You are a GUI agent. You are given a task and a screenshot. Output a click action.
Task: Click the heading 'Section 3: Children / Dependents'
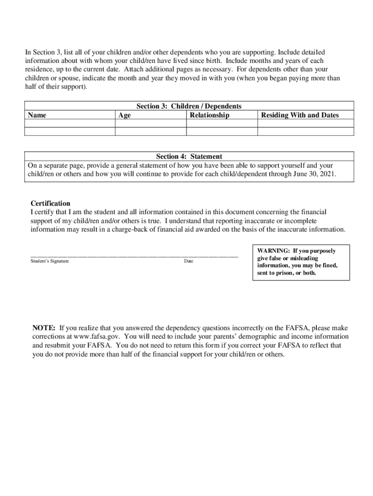click(x=189, y=106)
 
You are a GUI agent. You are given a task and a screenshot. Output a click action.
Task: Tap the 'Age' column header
click(x=124, y=115)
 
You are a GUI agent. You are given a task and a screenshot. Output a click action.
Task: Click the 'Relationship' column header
click(x=209, y=115)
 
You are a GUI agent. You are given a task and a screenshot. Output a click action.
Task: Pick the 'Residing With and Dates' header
click(x=300, y=115)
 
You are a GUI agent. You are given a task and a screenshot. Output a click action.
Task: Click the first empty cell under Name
click(x=70, y=124)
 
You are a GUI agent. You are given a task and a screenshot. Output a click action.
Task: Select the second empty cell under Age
click(x=151, y=131)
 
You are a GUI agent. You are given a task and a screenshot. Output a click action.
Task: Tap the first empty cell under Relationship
click(x=221, y=124)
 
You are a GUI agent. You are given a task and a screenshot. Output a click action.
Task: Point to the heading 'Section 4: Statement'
click(x=189, y=156)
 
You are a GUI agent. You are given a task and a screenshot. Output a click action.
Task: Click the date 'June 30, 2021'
click(x=313, y=173)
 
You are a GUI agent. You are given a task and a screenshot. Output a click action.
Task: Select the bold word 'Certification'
click(x=50, y=203)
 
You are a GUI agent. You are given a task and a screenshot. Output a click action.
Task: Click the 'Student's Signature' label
click(x=49, y=262)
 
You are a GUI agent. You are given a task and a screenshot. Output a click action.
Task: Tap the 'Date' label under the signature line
click(x=188, y=262)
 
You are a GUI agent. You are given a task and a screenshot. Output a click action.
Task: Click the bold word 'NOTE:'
click(x=44, y=328)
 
